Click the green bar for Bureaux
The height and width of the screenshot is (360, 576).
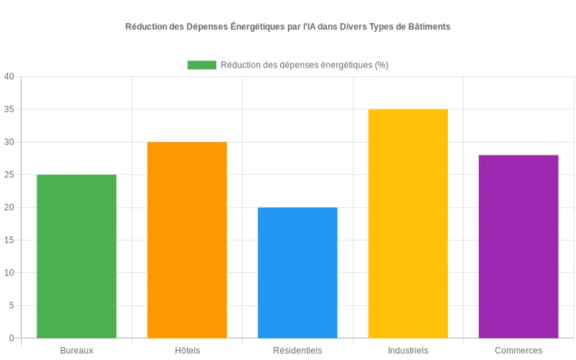(x=76, y=256)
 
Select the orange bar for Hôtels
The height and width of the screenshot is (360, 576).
(x=187, y=240)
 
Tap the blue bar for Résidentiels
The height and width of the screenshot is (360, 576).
(x=297, y=273)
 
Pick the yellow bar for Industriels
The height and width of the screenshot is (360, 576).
(x=408, y=223)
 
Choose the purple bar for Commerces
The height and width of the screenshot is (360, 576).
(x=518, y=246)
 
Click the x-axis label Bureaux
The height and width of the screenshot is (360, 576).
(x=76, y=351)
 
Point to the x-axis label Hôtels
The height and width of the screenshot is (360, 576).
(x=187, y=351)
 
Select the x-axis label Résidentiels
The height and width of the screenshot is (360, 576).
(x=297, y=351)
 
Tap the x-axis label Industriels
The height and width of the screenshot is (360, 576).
(x=408, y=351)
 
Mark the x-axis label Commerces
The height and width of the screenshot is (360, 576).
(x=518, y=351)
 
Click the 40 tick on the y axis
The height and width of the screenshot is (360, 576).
(x=9, y=76)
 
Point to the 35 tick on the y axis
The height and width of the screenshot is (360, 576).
(x=9, y=109)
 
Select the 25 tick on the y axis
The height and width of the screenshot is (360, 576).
(x=9, y=175)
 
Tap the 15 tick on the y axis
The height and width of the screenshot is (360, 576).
(x=9, y=240)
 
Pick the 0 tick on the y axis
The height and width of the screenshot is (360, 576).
(x=12, y=338)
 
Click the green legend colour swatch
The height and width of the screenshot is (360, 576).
(x=202, y=65)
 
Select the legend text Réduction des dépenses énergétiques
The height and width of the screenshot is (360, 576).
(x=304, y=65)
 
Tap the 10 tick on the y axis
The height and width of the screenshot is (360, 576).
(x=9, y=273)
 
